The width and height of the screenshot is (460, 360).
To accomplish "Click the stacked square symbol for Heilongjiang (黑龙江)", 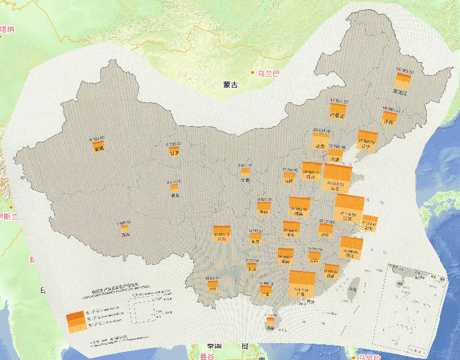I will [x=400, y=81].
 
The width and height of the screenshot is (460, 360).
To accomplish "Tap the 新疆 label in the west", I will [x=99, y=149].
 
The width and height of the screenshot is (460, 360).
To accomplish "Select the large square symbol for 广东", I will [x=302, y=282].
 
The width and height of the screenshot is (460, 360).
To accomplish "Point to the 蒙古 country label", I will [x=230, y=84].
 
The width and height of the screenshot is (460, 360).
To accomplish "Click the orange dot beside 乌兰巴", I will [x=253, y=73].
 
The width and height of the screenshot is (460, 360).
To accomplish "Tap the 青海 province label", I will [x=176, y=195].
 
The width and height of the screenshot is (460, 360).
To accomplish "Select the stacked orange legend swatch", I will [x=75, y=321].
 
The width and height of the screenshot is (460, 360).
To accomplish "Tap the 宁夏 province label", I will [x=245, y=179].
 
